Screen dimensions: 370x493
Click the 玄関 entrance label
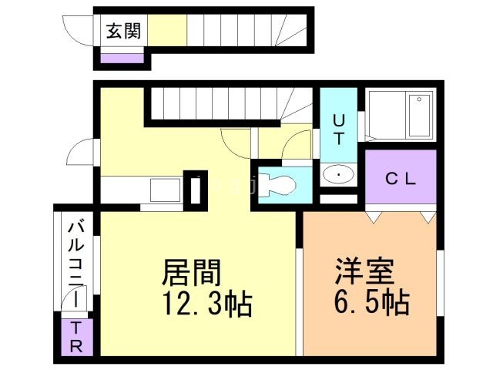[x=123, y=32]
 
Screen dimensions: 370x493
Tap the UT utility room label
[x=339, y=126]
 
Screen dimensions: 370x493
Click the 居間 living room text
[x=192, y=273]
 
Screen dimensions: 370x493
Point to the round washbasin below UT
[x=338, y=176]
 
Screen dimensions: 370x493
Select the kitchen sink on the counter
[x=165, y=189]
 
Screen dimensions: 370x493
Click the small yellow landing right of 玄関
[x=167, y=32]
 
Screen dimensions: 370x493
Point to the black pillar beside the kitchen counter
[x=196, y=188]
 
